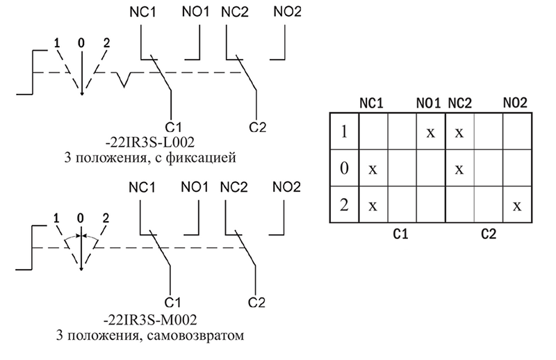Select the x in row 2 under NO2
click(x=516, y=206)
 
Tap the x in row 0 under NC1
click(x=373, y=169)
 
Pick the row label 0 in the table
click(x=343, y=169)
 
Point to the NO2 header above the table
click(x=515, y=104)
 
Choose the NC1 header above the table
click(x=371, y=104)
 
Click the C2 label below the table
click(x=489, y=234)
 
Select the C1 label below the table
click(x=401, y=234)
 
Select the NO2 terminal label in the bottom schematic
click(x=286, y=188)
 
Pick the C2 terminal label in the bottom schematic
click(x=257, y=302)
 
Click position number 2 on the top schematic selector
click(x=106, y=43)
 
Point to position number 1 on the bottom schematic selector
click(x=55, y=219)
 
